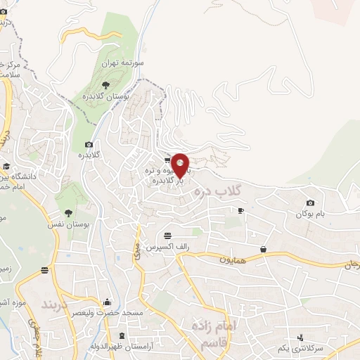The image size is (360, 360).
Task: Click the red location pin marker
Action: click(x=180, y=165)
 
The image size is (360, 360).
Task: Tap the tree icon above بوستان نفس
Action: click(x=68, y=212)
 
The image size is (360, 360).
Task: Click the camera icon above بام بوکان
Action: click(x=310, y=203)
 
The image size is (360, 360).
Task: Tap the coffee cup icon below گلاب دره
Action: click(x=240, y=210)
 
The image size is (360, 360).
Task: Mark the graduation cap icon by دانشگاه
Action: click(x=6, y=167)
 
